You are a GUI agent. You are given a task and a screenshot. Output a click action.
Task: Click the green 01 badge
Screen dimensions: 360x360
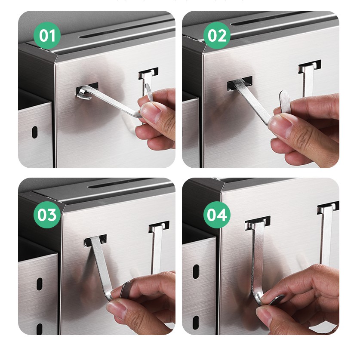47,36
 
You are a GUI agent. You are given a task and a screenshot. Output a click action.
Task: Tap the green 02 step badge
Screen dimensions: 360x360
217,36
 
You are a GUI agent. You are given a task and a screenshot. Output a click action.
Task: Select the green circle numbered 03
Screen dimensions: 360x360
47,215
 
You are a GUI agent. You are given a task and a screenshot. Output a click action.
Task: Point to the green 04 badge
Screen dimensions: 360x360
217,215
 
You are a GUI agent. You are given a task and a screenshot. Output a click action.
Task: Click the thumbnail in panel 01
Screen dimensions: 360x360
148,111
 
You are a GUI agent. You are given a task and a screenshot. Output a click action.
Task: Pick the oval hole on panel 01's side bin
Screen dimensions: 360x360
35,132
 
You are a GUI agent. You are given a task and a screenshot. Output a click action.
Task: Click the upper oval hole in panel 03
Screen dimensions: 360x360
40,284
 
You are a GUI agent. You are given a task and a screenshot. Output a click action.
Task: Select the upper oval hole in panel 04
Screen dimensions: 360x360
196,271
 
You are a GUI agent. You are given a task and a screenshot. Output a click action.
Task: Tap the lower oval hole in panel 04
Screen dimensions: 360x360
196,323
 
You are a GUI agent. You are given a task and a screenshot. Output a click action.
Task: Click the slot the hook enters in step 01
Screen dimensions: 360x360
87,89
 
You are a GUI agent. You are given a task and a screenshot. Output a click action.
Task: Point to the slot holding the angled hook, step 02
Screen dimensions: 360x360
240,83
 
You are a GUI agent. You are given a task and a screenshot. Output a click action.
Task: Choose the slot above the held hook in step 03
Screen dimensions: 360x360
95,240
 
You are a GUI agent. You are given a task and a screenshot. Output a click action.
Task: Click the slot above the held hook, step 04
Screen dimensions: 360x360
258,223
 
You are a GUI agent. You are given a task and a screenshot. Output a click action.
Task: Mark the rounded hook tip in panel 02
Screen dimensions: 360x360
284,101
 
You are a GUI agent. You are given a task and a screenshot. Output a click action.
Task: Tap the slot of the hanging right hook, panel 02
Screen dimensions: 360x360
310,66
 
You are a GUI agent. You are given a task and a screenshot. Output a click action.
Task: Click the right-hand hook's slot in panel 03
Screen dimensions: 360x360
159,227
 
